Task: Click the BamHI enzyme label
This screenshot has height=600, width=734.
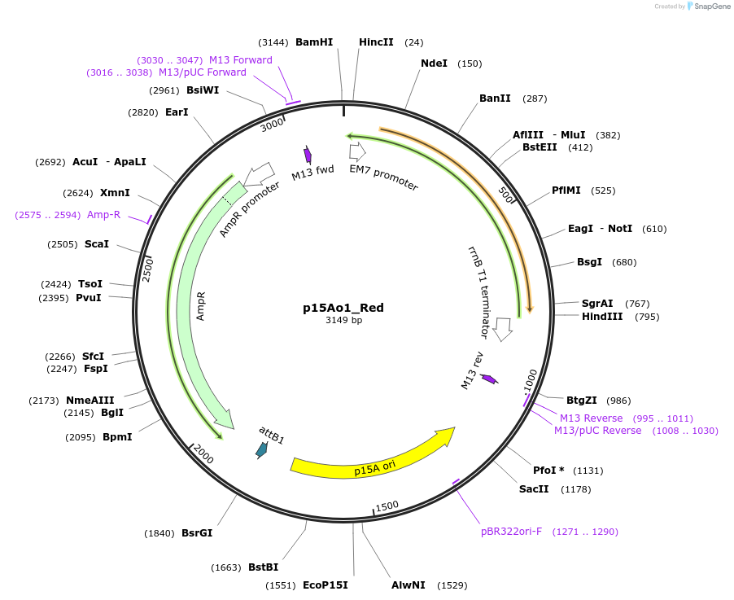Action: pos(313,42)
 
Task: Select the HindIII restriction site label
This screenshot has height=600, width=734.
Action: pos(602,317)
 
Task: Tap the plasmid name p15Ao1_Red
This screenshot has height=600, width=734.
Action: pos(343,308)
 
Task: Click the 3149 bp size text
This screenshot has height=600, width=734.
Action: pos(343,320)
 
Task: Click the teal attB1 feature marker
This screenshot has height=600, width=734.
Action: pos(261,449)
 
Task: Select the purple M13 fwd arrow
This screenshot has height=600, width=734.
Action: pos(308,155)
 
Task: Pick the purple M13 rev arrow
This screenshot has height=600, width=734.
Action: pos(489,379)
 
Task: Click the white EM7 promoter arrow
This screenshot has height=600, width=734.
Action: pos(357,151)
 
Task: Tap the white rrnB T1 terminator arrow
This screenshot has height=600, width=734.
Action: pos(503,328)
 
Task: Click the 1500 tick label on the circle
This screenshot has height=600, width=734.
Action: pos(387,506)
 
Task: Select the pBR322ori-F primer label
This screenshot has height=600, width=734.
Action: pos(513,532)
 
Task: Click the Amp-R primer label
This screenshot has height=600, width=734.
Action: pos(103,215)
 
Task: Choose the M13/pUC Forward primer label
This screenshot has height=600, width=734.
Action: pos(202,72)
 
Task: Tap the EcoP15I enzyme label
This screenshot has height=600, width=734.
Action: pos(325,585)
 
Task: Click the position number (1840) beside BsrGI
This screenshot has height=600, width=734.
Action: pos(159,534)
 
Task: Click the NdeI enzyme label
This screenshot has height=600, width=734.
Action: pos(434,64)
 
